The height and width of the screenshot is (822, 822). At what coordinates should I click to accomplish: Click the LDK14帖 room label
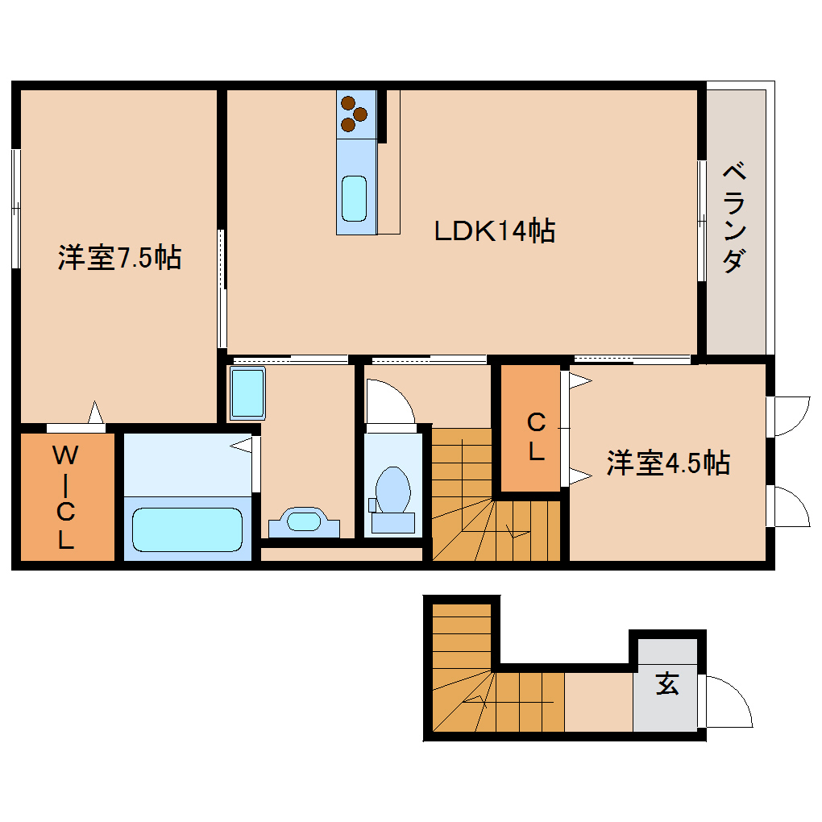click(x=494, y=232)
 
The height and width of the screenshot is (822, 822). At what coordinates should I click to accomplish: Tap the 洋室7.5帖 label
click(x=118, y=258)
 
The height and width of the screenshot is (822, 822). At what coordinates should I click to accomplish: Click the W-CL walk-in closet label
click(x=65, y=497)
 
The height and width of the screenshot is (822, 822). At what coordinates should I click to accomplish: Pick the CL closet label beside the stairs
click(x=536, y=437)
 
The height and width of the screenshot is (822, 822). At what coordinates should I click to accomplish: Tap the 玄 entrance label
click(x=666, y=684)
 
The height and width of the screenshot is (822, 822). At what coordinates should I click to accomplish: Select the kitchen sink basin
click(x=355, y=198)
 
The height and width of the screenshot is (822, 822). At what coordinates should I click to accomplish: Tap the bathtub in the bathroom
click(x=188, y=528)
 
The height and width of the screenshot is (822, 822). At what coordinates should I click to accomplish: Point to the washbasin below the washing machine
click(x=304, y=521)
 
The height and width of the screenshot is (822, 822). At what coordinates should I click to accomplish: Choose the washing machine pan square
click(x=247, y=393)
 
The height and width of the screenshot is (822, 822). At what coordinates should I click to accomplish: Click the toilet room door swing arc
click(x=389, y=401)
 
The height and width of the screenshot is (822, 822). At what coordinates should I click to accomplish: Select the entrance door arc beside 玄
click(x=730, y=701)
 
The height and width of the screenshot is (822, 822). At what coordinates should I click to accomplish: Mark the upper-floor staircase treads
click(x=484, y=500)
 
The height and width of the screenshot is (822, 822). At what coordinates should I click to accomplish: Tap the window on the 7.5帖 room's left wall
click(x=15, y=208)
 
